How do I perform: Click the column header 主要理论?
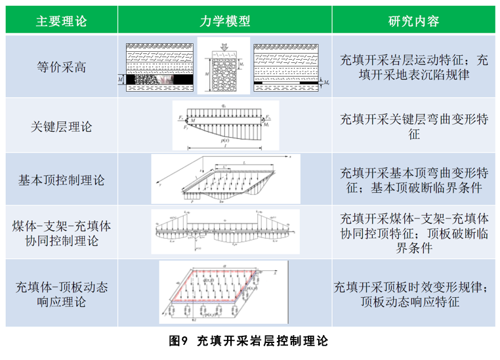pyautogui.click(x=61, y=21)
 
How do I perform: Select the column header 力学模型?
pyautogui.click(x=224, y=21)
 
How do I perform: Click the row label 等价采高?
pyautogui.click(x=61, y=67)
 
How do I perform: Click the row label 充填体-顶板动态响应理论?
pyautogui.click(x=61, y=294)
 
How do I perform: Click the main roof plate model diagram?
pyautogui.click(x=224, y=179)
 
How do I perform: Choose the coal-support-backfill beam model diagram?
pyautogui.click(x=224, y=232)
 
